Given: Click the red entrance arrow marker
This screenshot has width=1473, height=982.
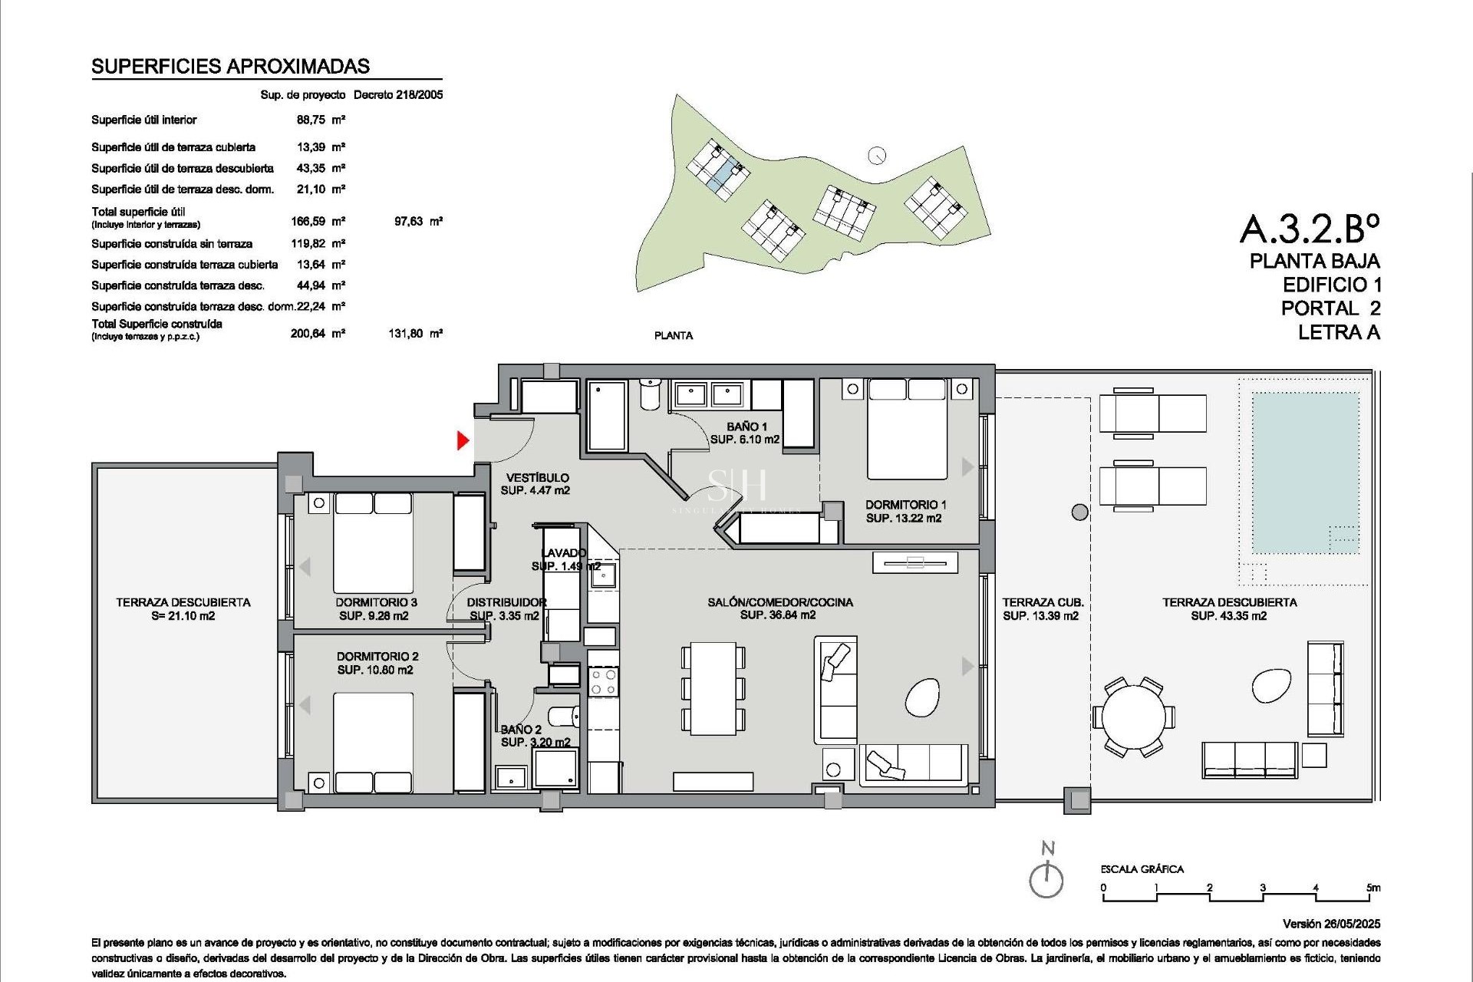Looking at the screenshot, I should click(x=463, y=440).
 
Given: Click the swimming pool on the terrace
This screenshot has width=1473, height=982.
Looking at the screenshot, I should click(x=1305, y=473).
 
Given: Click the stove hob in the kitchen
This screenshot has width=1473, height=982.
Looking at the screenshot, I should click(x=603, y=682).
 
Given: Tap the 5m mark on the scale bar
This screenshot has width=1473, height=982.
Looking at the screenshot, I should click(x=1372, y=888).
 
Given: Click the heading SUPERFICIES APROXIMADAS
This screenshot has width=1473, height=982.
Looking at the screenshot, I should click(x=230, y=67).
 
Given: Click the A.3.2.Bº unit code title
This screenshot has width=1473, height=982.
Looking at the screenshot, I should click(x=1310, y=228).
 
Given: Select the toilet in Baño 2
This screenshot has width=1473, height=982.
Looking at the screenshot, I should click(x=565, y=717).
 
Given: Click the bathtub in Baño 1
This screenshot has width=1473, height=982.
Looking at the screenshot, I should click(x=607, y=417).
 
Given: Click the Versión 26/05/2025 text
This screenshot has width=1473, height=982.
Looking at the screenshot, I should click(x=1331, y=924).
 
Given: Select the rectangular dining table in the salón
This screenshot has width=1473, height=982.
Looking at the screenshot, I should click(x=713, y=689).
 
